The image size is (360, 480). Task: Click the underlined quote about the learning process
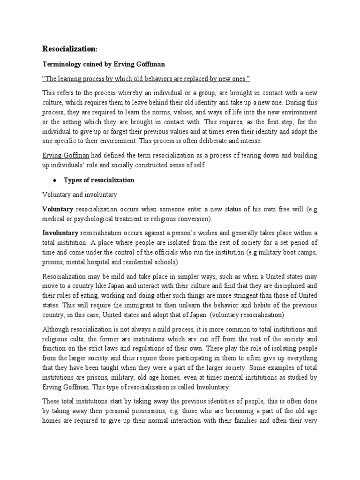coord(146,80)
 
